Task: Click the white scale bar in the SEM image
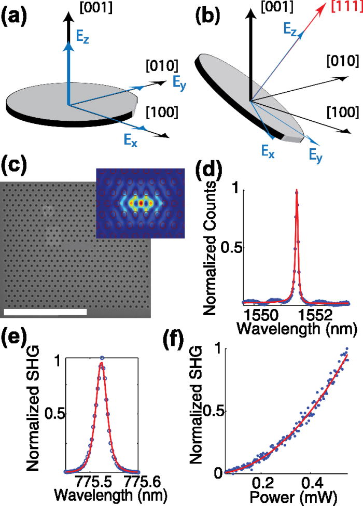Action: click(x=45, y=312)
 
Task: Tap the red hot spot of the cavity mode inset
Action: click(x=140, y=203)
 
